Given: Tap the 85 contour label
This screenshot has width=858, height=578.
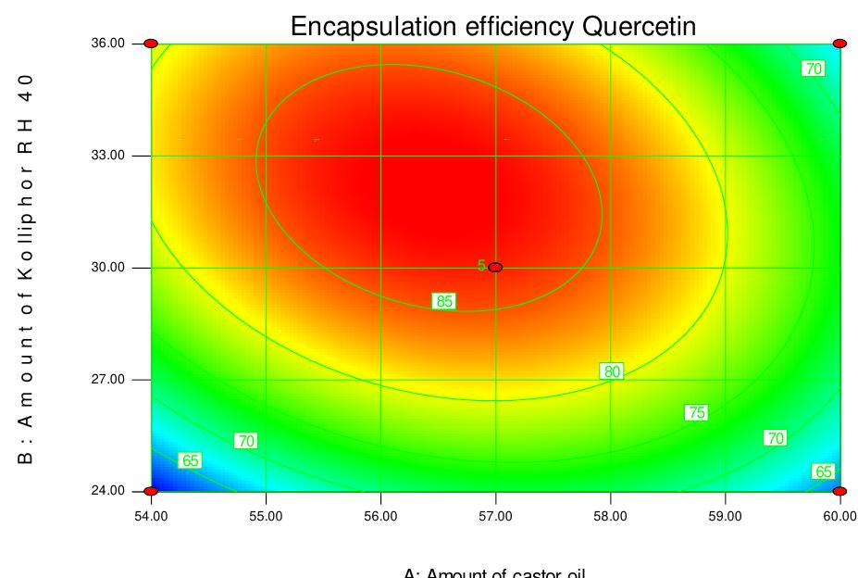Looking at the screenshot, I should [444, 300].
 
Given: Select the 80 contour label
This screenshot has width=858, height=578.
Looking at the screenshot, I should [611, 371].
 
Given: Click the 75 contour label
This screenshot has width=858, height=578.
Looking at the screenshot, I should [696, 412].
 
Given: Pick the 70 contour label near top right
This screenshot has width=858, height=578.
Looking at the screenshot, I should [813, 69].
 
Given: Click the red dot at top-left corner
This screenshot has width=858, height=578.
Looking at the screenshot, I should [152, 44].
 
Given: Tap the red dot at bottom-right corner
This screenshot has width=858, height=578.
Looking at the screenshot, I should [839, 491].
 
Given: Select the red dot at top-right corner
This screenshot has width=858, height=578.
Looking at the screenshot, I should [839, 44].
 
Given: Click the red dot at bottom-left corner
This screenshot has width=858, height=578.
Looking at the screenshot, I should [152, 491].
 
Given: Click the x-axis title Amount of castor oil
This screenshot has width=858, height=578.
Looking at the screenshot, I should [495, 572].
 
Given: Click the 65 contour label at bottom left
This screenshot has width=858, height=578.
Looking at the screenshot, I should [191, 460].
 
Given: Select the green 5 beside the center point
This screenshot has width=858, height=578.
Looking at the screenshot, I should [481, 266].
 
